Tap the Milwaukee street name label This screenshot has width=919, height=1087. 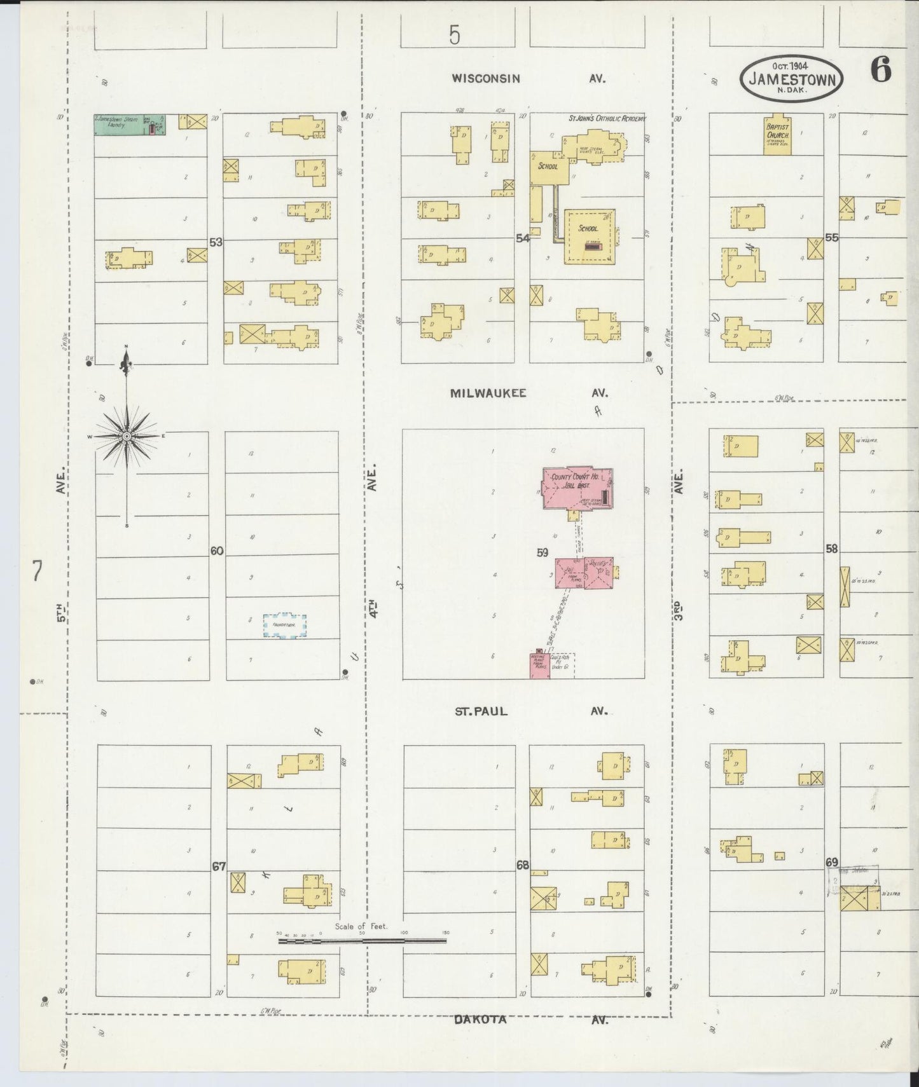[x=488, y=393]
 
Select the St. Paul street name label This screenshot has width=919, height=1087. [x=481, y=711]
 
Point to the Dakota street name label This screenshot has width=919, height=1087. [x=480, y=1019]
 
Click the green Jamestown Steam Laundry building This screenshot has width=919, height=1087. [x=130, y=124]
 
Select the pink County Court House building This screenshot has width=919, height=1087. [x=577, y=488]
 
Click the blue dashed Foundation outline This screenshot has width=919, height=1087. [x=285, y=626]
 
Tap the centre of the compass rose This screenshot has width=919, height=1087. [x=127, y=436]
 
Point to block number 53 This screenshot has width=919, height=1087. [x=216, y=242]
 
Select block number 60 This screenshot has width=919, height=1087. [x=217, y=550]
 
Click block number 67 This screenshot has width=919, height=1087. [x=219, y=866]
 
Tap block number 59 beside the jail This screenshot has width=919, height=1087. [x=542, y=552]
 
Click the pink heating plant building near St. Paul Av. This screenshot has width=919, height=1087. [x=539, y=666]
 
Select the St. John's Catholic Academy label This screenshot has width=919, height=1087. [x=607, y=118]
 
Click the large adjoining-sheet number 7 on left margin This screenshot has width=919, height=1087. [x=37, y=572]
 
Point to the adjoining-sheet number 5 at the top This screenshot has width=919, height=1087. [x=453, y=35]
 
